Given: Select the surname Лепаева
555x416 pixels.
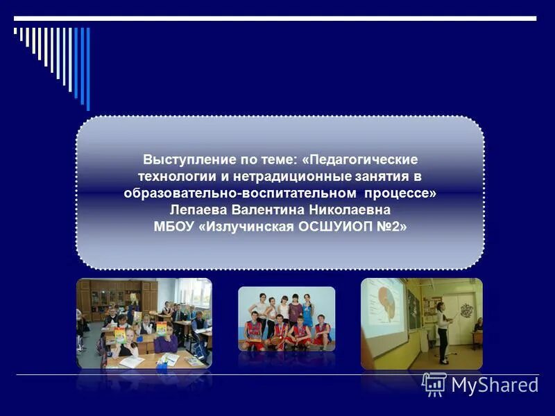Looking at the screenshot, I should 199,209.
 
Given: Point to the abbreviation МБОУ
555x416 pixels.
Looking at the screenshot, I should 173,226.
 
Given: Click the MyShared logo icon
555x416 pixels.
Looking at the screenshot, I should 434,383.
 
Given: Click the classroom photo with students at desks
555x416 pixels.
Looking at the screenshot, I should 144,323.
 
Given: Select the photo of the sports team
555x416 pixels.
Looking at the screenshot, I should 287,318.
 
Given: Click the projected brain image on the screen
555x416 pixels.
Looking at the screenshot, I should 384,309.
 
